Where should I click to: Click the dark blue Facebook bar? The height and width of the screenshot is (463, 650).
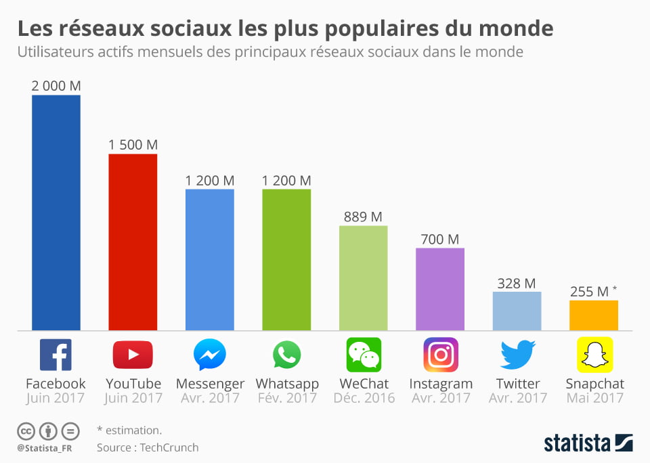pyautogui.click(x=56, y=213)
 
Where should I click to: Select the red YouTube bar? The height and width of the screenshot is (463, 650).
pyautogui.click(x=133, y=242)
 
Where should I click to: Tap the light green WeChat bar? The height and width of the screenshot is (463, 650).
pyautogui.click(x=363, y=278)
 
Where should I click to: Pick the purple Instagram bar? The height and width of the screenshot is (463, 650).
pyautogui.click(x=440, y=289)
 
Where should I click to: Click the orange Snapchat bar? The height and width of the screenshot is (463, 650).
pyautogui.click(x=593, y=315)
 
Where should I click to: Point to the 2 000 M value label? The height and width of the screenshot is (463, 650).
pyautogui.click(x=56, y=85)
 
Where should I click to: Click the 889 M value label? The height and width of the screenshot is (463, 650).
pyautogui.click(x=363, y=217)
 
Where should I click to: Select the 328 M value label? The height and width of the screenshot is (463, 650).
pyautogui.click(x=517, y=283)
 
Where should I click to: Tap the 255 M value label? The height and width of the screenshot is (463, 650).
pyautogui.click(x=590, y=292)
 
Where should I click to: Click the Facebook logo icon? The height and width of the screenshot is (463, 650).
pyautogui.click(x=56, y=355)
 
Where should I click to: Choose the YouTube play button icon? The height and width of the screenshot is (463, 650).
pyautogui.click(x=133, y=355)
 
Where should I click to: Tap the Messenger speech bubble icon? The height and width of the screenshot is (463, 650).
pyautogui.click(x=210, y=355)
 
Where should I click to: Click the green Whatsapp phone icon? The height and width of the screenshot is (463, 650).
pyautogui.click(x=286, y=355)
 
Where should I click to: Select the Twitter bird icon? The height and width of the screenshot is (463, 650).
pyautogui.click(x=517, y=355)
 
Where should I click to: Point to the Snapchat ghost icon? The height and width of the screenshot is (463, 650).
pyautogui.click(x=594, y=355)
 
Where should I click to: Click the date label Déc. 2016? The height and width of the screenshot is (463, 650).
pyautogui.click(x=364, y=398)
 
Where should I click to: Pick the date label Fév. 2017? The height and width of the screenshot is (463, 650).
pyautogui.click(x=287, y=398)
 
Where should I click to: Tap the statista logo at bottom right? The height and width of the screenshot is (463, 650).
pyautogui.click(x=588, y=443)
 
